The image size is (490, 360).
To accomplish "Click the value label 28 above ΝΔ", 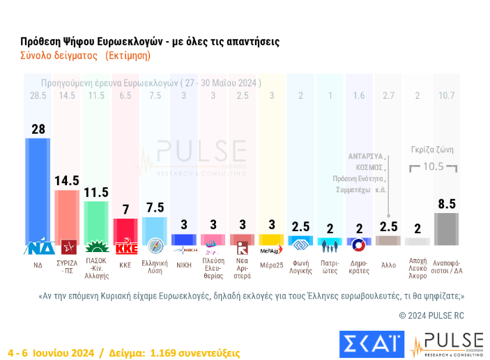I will (x=38, y=128).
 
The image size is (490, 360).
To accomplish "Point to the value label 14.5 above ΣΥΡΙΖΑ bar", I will (x=67, y=180).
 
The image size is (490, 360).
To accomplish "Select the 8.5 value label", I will (x=447, y=204).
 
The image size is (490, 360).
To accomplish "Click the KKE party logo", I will (x=125, y=247).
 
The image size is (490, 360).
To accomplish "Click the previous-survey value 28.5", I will (x=38, y=95).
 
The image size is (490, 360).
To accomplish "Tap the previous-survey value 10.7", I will (x=447, y=95).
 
